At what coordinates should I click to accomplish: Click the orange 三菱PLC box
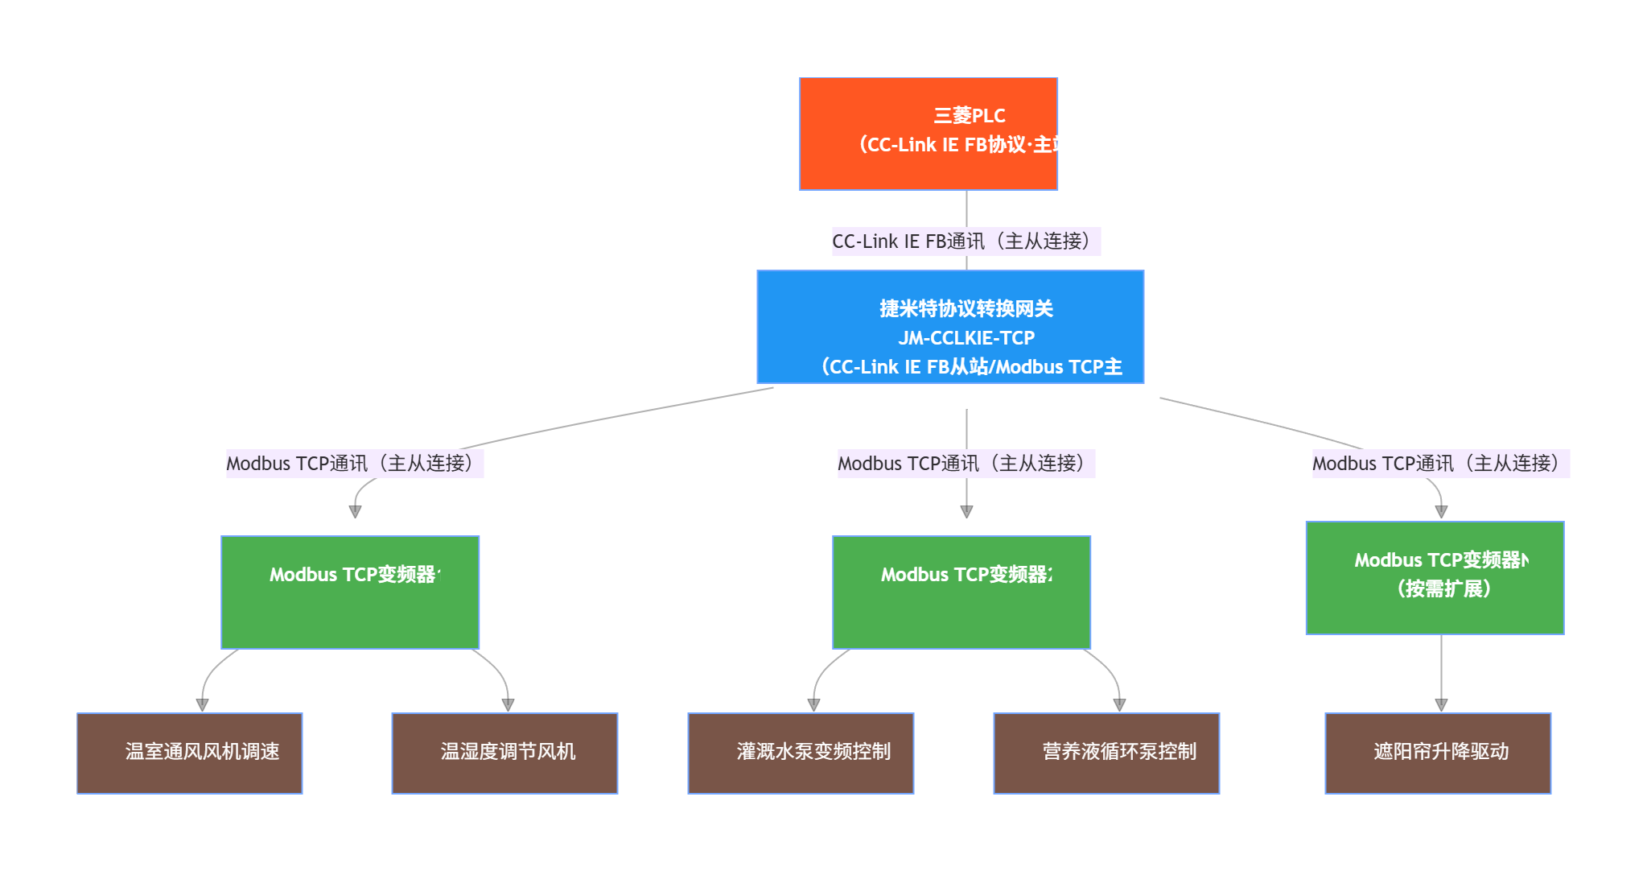coord(928,134)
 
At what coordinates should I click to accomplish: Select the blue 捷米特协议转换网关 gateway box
coord(949,327)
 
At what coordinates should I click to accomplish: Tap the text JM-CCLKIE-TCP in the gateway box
coord(966,338)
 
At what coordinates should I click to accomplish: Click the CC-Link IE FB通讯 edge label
coord(966,241)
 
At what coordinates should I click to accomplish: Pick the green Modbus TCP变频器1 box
coord(350,592)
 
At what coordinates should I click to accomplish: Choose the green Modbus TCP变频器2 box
coord(961,592)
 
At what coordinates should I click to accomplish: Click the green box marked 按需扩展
coord(1435,578)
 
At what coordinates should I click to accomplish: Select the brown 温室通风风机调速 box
coord(190,753)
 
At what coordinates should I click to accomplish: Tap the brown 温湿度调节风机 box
coord(504,753)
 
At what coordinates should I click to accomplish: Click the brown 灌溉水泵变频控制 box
coord(801,753)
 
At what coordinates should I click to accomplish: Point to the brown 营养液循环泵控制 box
coord(1106,753)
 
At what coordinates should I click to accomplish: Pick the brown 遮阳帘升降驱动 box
coord(1438,753)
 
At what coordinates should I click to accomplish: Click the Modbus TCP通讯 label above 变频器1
coord(354,464)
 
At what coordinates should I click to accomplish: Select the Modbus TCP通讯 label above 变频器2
coord(966,464)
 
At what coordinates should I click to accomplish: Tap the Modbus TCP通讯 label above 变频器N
coord(1440,464)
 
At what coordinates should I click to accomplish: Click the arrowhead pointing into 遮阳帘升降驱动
coord(1441,705)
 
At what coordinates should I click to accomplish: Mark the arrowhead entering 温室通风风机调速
coord(202,705)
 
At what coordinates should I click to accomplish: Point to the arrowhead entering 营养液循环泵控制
coord(1119,705)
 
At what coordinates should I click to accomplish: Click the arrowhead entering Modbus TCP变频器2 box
coord(966,512)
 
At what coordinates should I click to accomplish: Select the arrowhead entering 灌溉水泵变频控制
coord(813,705)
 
